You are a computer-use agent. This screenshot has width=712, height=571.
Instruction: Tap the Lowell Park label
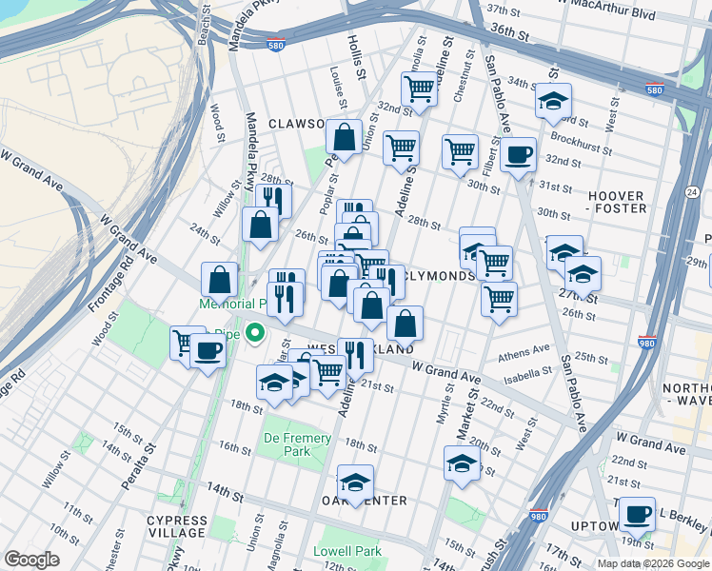pyautogui.click(x=351, y=551)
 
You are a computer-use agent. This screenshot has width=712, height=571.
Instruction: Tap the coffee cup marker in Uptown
pyautogui.click(x=637, y=515)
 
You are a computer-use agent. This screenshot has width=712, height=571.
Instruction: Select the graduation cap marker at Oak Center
pyautogui.click(x=355, y=482)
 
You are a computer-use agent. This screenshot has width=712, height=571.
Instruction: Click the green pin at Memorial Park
pyautogui.click(x=254, y=333)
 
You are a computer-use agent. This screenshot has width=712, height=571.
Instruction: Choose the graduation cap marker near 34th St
pyautogui.click(x=553, y=100)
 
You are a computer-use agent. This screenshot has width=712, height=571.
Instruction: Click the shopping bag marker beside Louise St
pyautogui.click(x=343, y=136)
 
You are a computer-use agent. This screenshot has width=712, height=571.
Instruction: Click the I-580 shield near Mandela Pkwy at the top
pyautogui.click(x=275, y=45)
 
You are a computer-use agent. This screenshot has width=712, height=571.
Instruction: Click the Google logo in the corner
pyautogui.click(x=32, y=560)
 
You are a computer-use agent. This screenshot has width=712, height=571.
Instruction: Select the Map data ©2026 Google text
pyautogui.click(x=652, y=563)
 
